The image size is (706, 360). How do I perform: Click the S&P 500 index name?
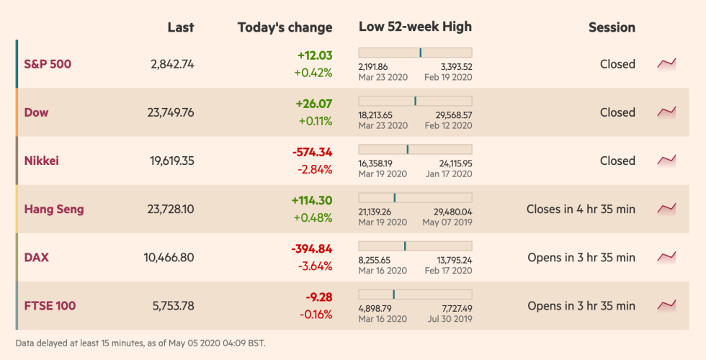(48, 64)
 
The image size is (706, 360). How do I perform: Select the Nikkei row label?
(42, 161)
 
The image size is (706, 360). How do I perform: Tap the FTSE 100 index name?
(50, 305)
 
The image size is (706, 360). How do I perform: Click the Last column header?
(180, 27)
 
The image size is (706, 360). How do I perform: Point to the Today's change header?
(285, 27)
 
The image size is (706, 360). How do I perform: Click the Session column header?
(612, 27)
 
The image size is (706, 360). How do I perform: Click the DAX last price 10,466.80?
(169, 257)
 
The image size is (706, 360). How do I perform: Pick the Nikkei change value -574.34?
(312, 152)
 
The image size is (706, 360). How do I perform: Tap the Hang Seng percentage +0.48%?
(313, 217)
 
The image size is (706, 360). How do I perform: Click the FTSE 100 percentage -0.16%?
(316, 314)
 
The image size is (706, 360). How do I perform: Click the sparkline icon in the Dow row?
(666, 112)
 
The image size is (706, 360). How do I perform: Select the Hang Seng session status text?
(581, 209)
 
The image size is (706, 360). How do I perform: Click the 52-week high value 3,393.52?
(456, 66)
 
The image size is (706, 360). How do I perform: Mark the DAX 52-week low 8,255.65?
(375, 260)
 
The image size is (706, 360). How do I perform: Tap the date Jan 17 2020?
(449, 174)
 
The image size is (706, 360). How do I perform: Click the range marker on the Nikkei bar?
(407, 149)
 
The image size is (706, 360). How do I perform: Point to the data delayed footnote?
(140, 343)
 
